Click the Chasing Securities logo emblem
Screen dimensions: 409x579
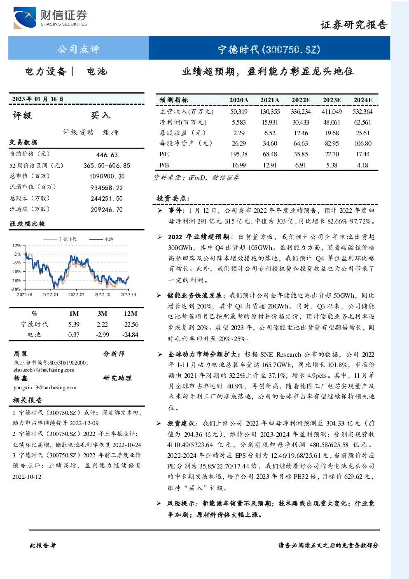[25, 18]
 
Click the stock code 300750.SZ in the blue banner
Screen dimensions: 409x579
[291, 49]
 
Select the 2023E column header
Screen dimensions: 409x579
[332, 100]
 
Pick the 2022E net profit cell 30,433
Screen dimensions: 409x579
[301, 122]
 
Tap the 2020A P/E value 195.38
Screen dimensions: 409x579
[239, 154]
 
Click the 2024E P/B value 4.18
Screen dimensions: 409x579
[362, 165]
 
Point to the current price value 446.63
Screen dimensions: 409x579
[107, 155]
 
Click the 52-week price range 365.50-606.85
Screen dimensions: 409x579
[107, 166]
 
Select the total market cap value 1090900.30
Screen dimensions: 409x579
[107, 176]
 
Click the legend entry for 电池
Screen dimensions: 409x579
[101, 239]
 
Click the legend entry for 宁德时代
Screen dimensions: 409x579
[60, 239]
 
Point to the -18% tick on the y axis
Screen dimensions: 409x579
[16, 272]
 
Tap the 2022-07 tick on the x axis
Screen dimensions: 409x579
[76, 295]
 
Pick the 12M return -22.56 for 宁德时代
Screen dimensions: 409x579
[130, 325]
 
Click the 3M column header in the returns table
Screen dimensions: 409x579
[102, 314]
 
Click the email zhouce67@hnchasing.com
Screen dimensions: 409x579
[44, 370]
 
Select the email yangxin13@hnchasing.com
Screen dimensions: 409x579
[45, 388]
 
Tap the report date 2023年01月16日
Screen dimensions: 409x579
[38, 99]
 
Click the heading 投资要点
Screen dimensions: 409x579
[173, 198]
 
